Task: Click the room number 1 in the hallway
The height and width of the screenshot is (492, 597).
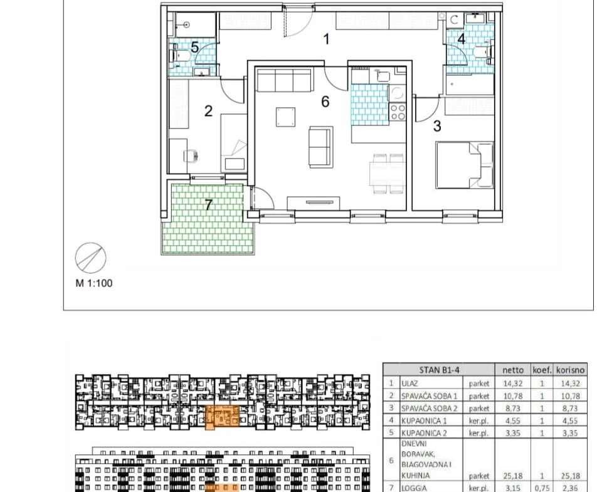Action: [x=326, y=39]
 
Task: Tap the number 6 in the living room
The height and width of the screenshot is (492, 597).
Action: [x=325, y=102]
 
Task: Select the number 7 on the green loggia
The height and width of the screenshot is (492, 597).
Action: [x=208, y=205]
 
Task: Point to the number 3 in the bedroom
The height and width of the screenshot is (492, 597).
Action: [x=437, y=126]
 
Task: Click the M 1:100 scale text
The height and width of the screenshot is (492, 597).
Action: [x=94, y=283]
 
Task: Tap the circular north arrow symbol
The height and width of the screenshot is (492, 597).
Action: [x=90, y=258]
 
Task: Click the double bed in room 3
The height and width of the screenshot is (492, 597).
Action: [x=465, y=165]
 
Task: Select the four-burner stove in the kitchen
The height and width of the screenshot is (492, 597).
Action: [x=398, y=112]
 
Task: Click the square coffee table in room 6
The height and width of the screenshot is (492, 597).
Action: [x=285, y=117]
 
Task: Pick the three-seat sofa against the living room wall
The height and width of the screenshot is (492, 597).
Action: [x=285, y=80]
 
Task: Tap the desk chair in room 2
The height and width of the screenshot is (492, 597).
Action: [x=191, y=155]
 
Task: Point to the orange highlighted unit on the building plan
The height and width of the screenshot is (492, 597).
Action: [x=222, y=417]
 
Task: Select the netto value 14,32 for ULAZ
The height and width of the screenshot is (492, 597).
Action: [x=512, y=384]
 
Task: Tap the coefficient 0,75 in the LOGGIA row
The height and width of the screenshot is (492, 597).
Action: [x=542, y=488]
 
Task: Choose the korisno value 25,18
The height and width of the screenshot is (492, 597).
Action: [x=571, y=476]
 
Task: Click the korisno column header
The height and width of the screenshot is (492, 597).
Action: [x=570, y=370]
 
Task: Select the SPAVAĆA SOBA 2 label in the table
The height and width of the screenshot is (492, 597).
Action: [x=429, y=408]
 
